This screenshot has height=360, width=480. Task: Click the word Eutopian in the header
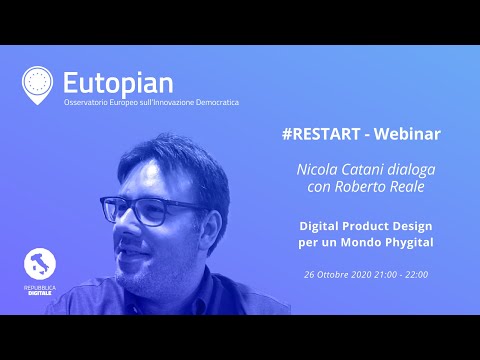click(118, 80)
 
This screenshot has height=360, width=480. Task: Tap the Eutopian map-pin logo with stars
click(37, 84)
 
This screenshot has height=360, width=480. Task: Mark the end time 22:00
click(444, 273)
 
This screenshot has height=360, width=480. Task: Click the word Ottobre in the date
click(334, 273)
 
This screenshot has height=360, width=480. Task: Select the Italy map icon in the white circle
click(40, 264)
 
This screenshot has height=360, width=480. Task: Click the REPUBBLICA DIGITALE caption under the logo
click(40, 291)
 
